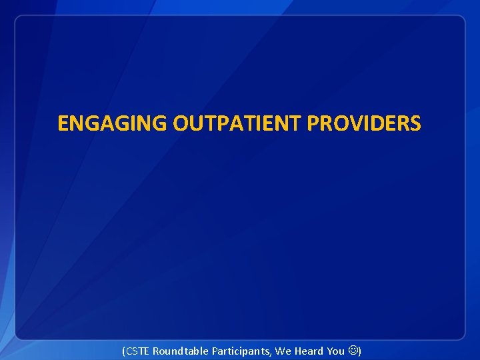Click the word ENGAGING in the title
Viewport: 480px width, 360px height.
click(x=113, y=124)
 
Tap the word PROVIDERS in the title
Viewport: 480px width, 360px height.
click(x=364, y=124)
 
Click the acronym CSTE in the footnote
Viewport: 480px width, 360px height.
click(x=138, y=351)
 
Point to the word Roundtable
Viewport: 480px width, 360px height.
click(x=181, y=351)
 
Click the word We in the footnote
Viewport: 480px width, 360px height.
click(x=283, y=351)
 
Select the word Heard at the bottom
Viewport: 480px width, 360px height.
click(x=308, y=351)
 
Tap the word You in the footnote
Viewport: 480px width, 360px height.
click(x=336, y=351)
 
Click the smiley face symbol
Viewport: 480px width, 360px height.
click(x=353, y=351)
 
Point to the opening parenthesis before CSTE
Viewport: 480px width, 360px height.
click(x=124, y=351)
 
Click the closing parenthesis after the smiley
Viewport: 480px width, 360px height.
click(x=360, y=351)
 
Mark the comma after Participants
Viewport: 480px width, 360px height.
click(x=271, y=353)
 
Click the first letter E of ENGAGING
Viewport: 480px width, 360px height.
click(x=63, y=124)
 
